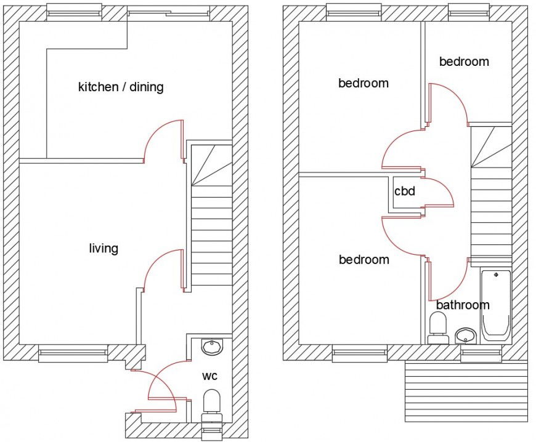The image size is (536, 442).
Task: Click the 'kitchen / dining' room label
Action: click(121, 87)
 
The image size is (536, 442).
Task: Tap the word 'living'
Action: click(104, 249)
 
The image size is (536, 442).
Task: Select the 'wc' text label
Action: click(209, 376)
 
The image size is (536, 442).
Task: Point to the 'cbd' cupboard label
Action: click(405, 191)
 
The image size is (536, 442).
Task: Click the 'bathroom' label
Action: click(463, 305)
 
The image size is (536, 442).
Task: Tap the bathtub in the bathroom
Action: click(495, 305)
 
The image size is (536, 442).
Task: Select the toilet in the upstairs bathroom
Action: click(438, 327)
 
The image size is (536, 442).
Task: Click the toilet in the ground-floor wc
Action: click(211, 403)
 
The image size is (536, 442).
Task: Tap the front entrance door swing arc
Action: click(158, 385)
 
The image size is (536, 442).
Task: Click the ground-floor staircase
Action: click(211, 215)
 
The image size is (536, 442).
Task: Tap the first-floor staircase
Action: click(491, 191)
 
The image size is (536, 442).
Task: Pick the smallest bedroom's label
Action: click(464, 62)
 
